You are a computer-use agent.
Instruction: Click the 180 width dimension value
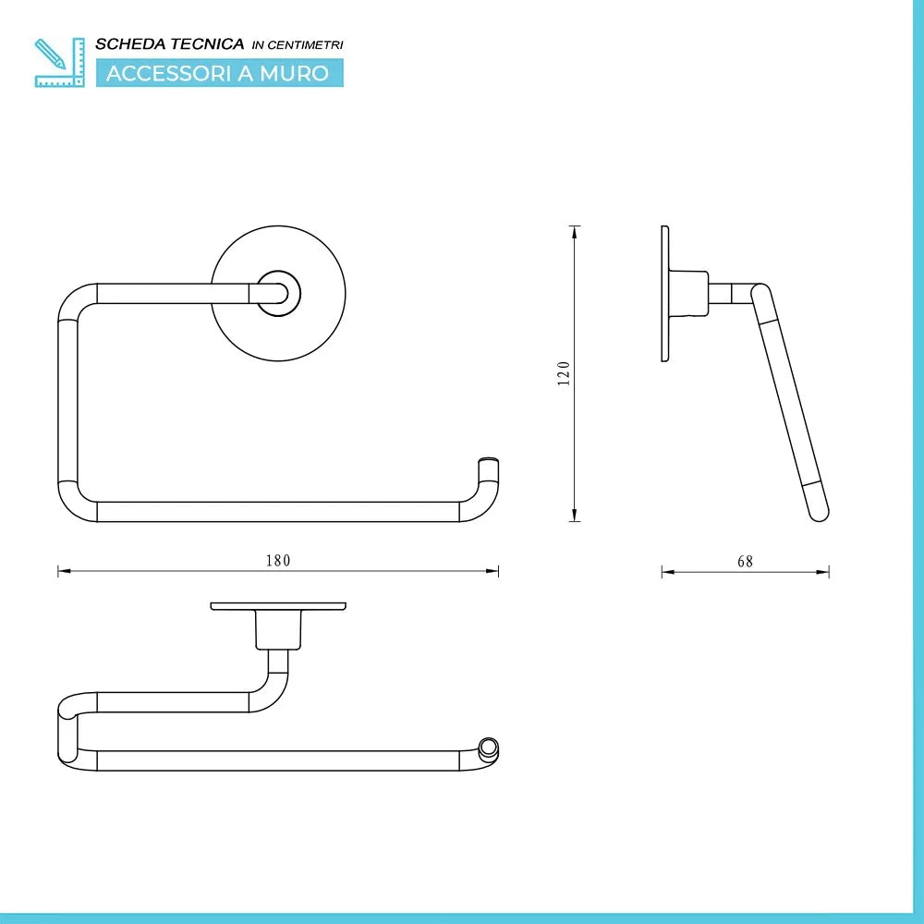[x=278, y=560]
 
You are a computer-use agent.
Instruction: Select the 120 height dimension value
[x=564, y=373]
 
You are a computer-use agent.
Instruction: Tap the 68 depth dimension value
[x=745, y=561]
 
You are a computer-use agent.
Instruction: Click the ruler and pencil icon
[x=53, y=62]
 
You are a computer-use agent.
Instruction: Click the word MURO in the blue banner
[x=295, y=73]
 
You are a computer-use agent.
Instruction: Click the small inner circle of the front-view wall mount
[x=278, y=294]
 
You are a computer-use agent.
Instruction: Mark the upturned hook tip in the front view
[x=489, y=465]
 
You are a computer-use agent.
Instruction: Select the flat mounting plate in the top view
[x=278, y=606]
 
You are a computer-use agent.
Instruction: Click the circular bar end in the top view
[x=488, y=747]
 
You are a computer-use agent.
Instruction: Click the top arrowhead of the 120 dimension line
[x=575, y=231]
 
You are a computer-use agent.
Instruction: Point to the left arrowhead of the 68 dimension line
[x=666, y=572]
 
